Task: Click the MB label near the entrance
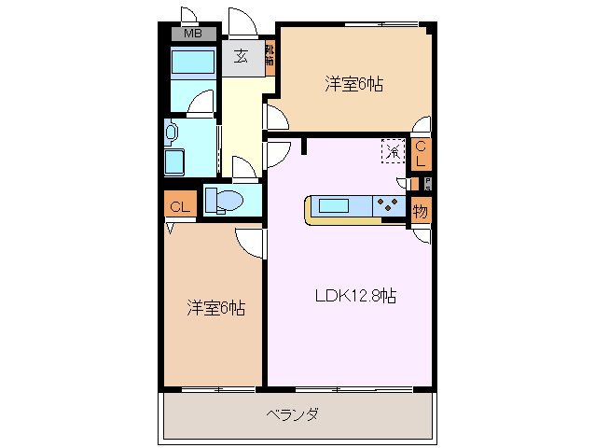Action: tap(192, 35)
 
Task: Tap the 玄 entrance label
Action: tap(241, 57)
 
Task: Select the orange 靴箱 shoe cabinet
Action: tap(270, 58)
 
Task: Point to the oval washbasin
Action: tap(173, 133)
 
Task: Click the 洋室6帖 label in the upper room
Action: tap(353, 84)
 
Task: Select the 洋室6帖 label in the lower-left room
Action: tap(215, 307)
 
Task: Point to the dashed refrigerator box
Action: tap(392, 150)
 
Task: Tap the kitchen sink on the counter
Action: tap(336, 205)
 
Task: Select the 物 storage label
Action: tap(421, 212)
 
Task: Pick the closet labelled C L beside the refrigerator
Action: tap(421, 153)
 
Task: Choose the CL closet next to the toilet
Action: tap(180, 206)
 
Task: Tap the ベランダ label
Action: tap(293, 413)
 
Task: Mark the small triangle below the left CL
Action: tap(170, 227)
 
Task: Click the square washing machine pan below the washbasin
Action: tap(174, 163)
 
